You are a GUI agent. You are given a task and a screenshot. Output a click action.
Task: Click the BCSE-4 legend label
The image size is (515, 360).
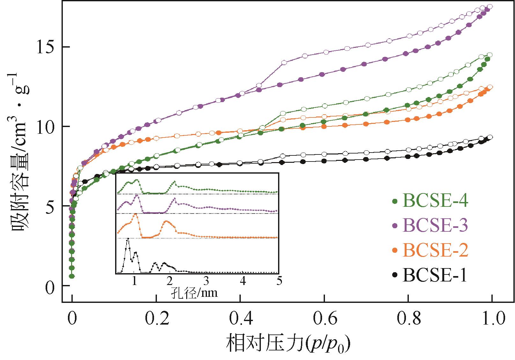click(435, 201)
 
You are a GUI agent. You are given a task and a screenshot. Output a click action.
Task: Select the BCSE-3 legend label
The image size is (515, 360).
click(435, 225)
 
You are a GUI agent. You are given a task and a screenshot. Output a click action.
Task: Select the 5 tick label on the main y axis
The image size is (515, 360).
click(49, 206)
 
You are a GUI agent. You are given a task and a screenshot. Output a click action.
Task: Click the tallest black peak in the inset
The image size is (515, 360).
click(128, 238)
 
